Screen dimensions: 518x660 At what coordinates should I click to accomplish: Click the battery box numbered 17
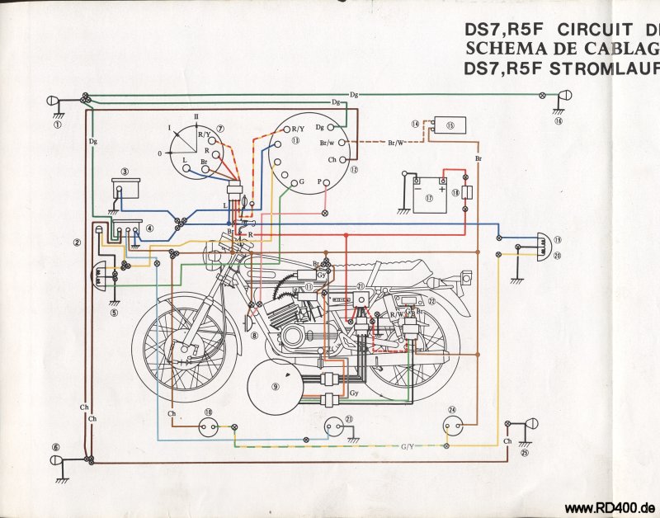point(430,199)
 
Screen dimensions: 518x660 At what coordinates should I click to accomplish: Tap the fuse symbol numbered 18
point(466,192)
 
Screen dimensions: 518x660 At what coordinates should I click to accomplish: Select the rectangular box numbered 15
point(450,125)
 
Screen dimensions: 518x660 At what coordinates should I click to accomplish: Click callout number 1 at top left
point(57,125)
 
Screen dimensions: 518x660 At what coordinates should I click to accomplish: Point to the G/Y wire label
point(408,446)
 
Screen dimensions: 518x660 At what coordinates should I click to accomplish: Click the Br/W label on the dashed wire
point(396,143)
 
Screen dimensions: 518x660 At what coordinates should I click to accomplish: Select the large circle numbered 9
point(276,386)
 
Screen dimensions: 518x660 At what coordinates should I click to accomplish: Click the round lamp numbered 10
point(208,426)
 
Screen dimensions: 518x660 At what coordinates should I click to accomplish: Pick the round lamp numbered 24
point(451,426)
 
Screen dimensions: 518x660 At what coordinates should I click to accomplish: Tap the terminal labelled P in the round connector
point(329,181)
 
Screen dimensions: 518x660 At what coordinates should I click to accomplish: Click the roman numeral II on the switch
point(196,115)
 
